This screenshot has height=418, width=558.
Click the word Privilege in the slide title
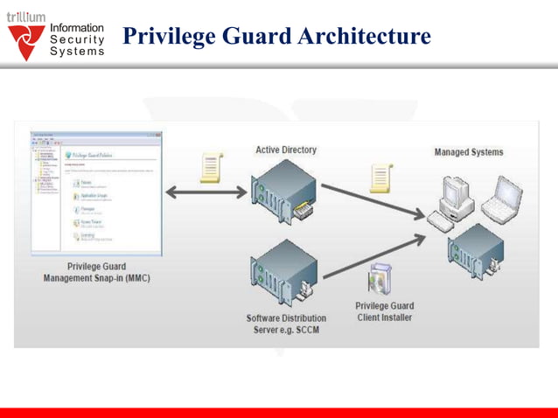coord(164,37)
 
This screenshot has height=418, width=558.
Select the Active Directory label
coord(286,150)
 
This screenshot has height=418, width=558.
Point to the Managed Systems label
coord(469,152)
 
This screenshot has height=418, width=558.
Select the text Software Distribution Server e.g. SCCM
coord(286,324)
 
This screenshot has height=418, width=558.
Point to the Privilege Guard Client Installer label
coord(385,311)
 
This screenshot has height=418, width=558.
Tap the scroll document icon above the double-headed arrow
coord(210,165)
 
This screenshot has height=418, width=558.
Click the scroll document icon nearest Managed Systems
coord(380,178)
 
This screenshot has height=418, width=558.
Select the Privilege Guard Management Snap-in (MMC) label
coord(96,272)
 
